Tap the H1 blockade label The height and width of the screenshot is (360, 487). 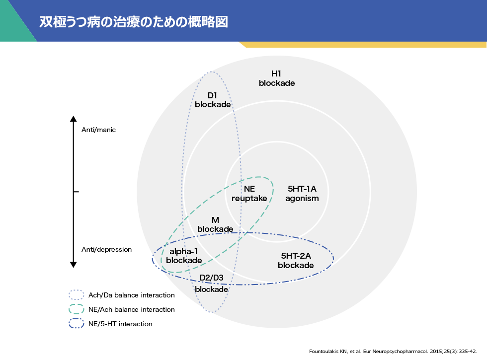coord(277,78)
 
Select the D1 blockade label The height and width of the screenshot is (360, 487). coord(213,100)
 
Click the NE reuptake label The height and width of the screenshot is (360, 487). coord(249,194)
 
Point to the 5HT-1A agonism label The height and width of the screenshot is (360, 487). coord(302,194)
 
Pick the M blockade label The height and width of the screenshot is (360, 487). coord(215,224)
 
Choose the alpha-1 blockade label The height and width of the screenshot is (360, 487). coord(184,256)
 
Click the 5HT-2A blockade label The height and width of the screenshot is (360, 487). coord(296,261)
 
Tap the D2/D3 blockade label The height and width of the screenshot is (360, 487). coord(212,284)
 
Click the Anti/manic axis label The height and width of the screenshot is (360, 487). coord(98,130)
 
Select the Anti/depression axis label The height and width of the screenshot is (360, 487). coord(106,249)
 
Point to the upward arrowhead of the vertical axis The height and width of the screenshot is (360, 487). coord(73,119)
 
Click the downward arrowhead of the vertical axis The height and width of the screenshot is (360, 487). coord(73,265)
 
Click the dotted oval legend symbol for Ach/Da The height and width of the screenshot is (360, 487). coord(77,295)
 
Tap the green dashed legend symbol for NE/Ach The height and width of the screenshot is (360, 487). coord(77,309)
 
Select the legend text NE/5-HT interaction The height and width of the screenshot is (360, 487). coord(120,324)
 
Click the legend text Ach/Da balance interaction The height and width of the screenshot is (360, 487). coord(132,295)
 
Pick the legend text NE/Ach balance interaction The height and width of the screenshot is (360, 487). coord(132,309)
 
